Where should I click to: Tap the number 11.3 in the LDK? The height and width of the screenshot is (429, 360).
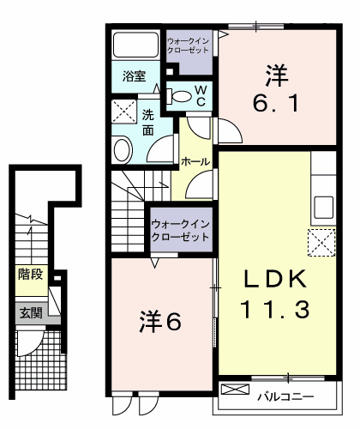273,309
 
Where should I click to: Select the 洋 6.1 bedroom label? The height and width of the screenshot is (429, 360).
276,89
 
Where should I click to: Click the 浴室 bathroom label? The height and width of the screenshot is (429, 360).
134,75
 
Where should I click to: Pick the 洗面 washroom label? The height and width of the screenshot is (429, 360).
147,122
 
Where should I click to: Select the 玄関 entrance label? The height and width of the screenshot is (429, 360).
29,313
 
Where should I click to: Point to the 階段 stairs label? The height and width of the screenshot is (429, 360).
30,275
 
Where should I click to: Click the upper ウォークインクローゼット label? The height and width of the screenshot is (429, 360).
187,45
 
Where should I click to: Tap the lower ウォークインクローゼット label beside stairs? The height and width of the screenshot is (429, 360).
179,229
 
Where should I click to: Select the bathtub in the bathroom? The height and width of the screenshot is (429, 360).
135,45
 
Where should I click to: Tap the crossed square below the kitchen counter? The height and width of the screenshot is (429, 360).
321,243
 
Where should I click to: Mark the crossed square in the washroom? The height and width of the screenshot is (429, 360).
123,112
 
